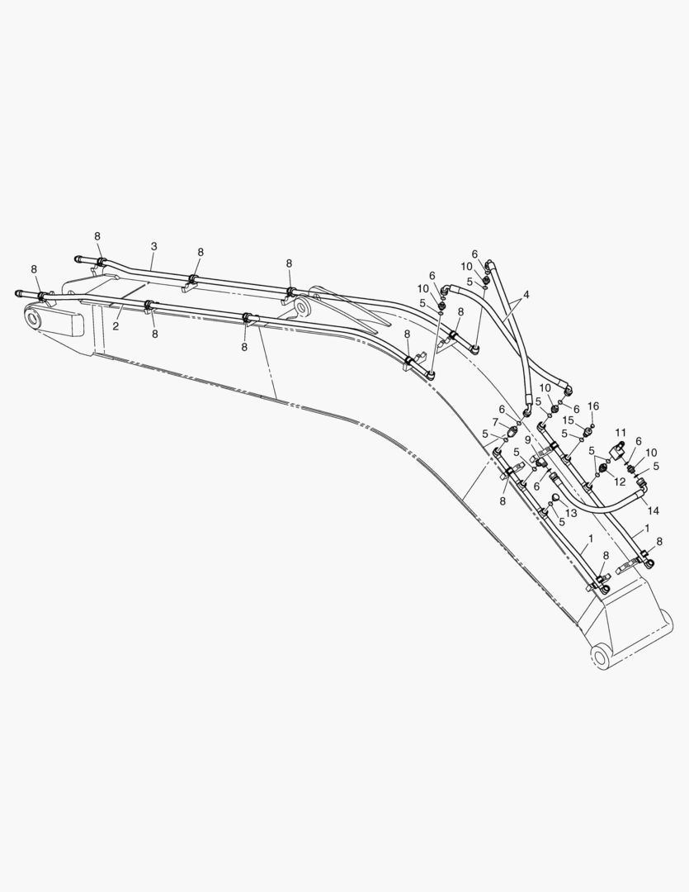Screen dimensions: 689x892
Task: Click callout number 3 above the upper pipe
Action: [154, 246]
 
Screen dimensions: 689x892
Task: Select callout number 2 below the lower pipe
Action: [116, 326]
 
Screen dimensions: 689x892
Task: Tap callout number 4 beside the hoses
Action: [526, 295]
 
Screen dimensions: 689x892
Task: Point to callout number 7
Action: [496, 421]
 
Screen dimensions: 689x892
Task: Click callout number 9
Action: [527, 439]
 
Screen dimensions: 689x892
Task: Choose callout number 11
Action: [621, 432]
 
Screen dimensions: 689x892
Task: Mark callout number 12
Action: [621, 482]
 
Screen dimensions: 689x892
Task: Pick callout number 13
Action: [571, 513]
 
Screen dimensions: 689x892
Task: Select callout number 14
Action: [654, 510]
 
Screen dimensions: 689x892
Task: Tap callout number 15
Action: [569, 420]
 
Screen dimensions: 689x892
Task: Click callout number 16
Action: [593, 406]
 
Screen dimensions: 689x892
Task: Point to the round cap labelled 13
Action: [555, 499]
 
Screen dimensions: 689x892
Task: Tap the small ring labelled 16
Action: [592, 425]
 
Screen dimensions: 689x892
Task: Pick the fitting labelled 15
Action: [580, 429]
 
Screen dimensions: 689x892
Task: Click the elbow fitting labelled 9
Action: [540, 463]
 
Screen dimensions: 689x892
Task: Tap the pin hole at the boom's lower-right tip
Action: [601, 657]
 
